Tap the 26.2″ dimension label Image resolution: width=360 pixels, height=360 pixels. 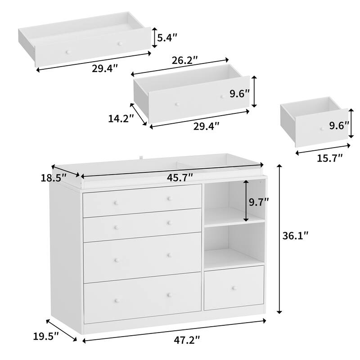[185, 60]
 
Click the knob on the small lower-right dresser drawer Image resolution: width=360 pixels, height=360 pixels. [234, 288]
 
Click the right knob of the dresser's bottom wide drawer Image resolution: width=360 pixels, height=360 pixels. [170, 295]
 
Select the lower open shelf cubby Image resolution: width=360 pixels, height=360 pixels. [234, 245]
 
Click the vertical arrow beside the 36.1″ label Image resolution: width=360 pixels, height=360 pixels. [279, 239]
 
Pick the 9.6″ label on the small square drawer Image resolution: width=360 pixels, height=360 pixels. [339, 126]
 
